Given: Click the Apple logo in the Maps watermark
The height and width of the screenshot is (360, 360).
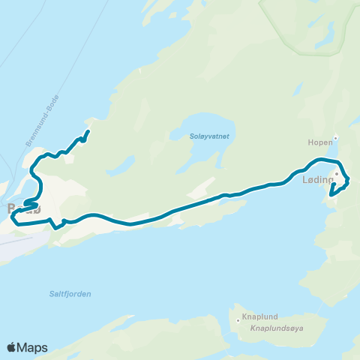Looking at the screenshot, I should pos(12,347).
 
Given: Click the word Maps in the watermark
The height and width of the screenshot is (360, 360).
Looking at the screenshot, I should pos(34,347).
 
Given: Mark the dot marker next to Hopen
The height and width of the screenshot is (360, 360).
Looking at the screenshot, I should pos(336,137).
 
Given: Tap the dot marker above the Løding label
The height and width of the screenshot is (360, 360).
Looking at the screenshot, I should pos(337,174).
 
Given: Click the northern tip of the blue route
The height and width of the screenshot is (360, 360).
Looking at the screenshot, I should pos(88,132).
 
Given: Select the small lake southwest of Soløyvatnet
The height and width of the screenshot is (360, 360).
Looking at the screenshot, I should pos(122,166).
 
